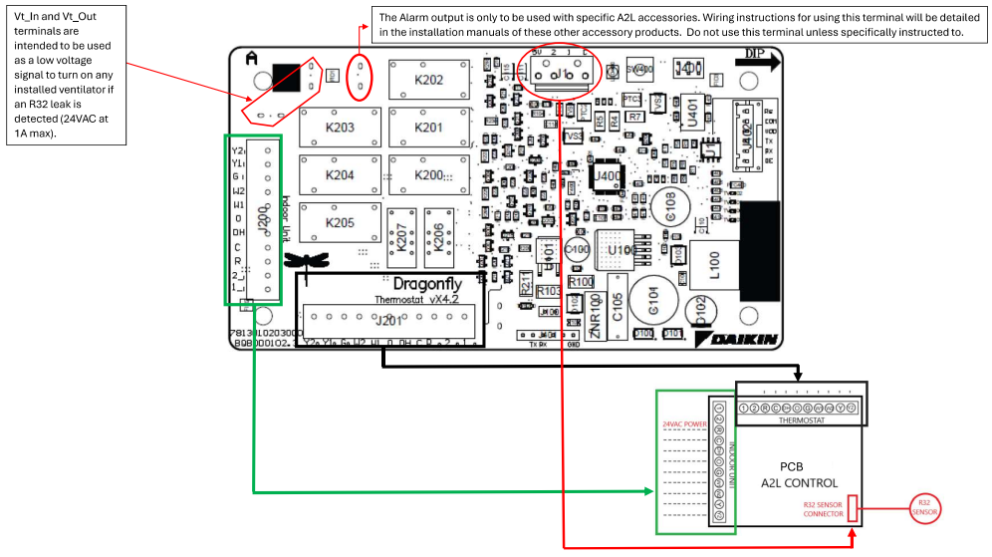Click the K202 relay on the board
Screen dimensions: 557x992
tap(429, 79)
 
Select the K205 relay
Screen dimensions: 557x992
tap(340, 222)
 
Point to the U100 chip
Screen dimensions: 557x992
tap(621, 248)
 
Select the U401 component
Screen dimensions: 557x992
tap(692, 116)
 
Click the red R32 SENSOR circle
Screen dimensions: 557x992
tap(923, 508)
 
